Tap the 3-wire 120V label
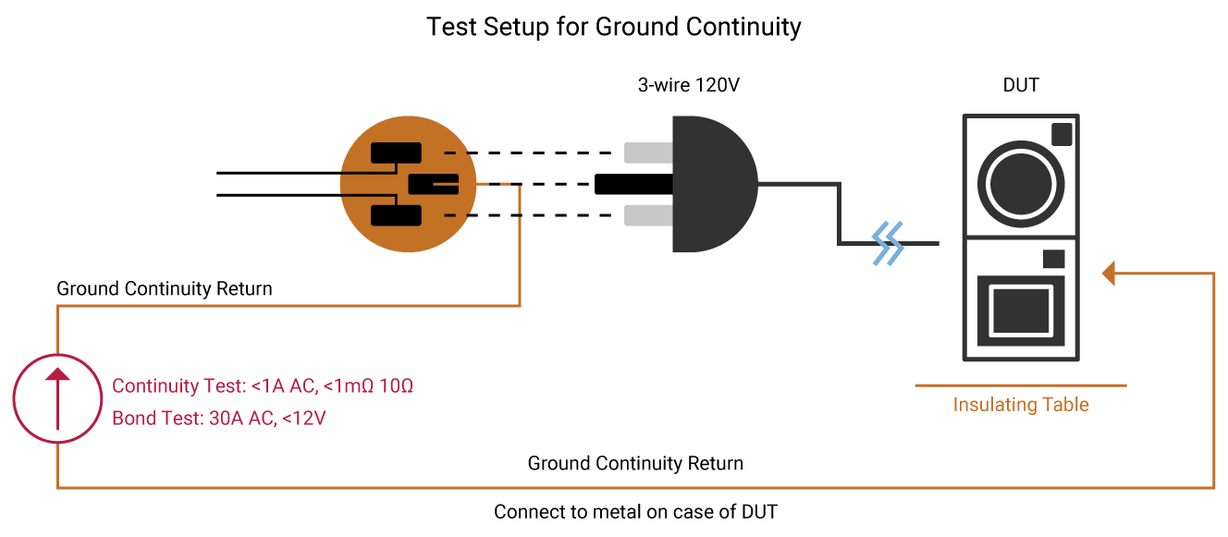pos(689,85)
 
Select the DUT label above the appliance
pos(1021,85)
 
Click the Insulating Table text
pos(1021,405)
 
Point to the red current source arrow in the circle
pos(57,398)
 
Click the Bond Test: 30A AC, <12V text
pos(219,418)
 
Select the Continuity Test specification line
pos(263,385)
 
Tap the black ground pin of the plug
pos(633,184)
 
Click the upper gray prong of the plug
pos(648,153)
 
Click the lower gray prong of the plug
pos(648,215)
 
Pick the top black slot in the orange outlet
pos(396,153)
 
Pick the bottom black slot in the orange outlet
pos(396,215)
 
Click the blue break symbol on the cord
pos(888,243)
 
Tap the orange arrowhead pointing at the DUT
pos(1109,273)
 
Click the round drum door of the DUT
pos(1021,184)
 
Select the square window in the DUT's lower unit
pos(1021,311)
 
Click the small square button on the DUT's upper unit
pos(1062,134)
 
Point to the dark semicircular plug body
pos(713,184)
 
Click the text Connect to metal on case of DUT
pos(635,512)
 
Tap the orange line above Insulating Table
pos(1021,385)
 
